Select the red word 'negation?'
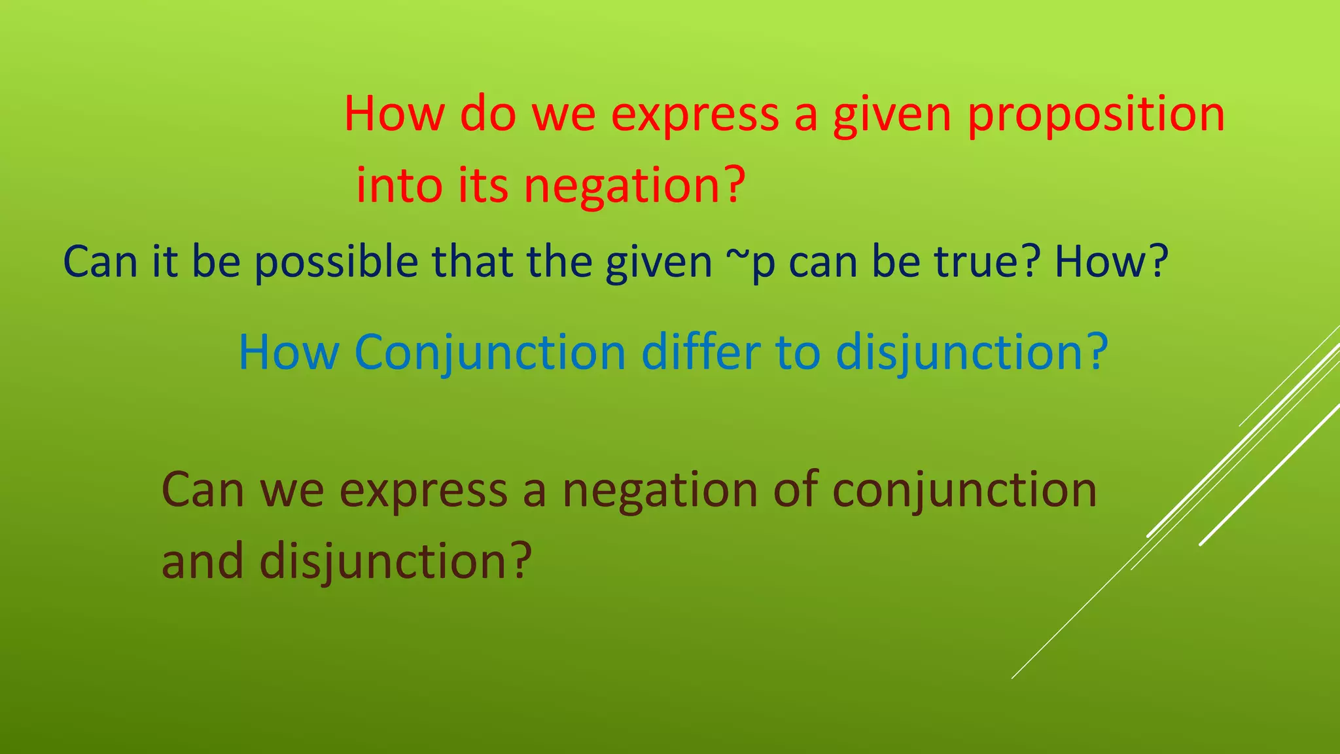[634, 186]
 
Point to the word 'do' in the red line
[487, 114]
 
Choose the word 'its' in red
[483, 185]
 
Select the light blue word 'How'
[289, 352]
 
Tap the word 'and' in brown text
[202, 561]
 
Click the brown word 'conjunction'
[964, 491]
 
